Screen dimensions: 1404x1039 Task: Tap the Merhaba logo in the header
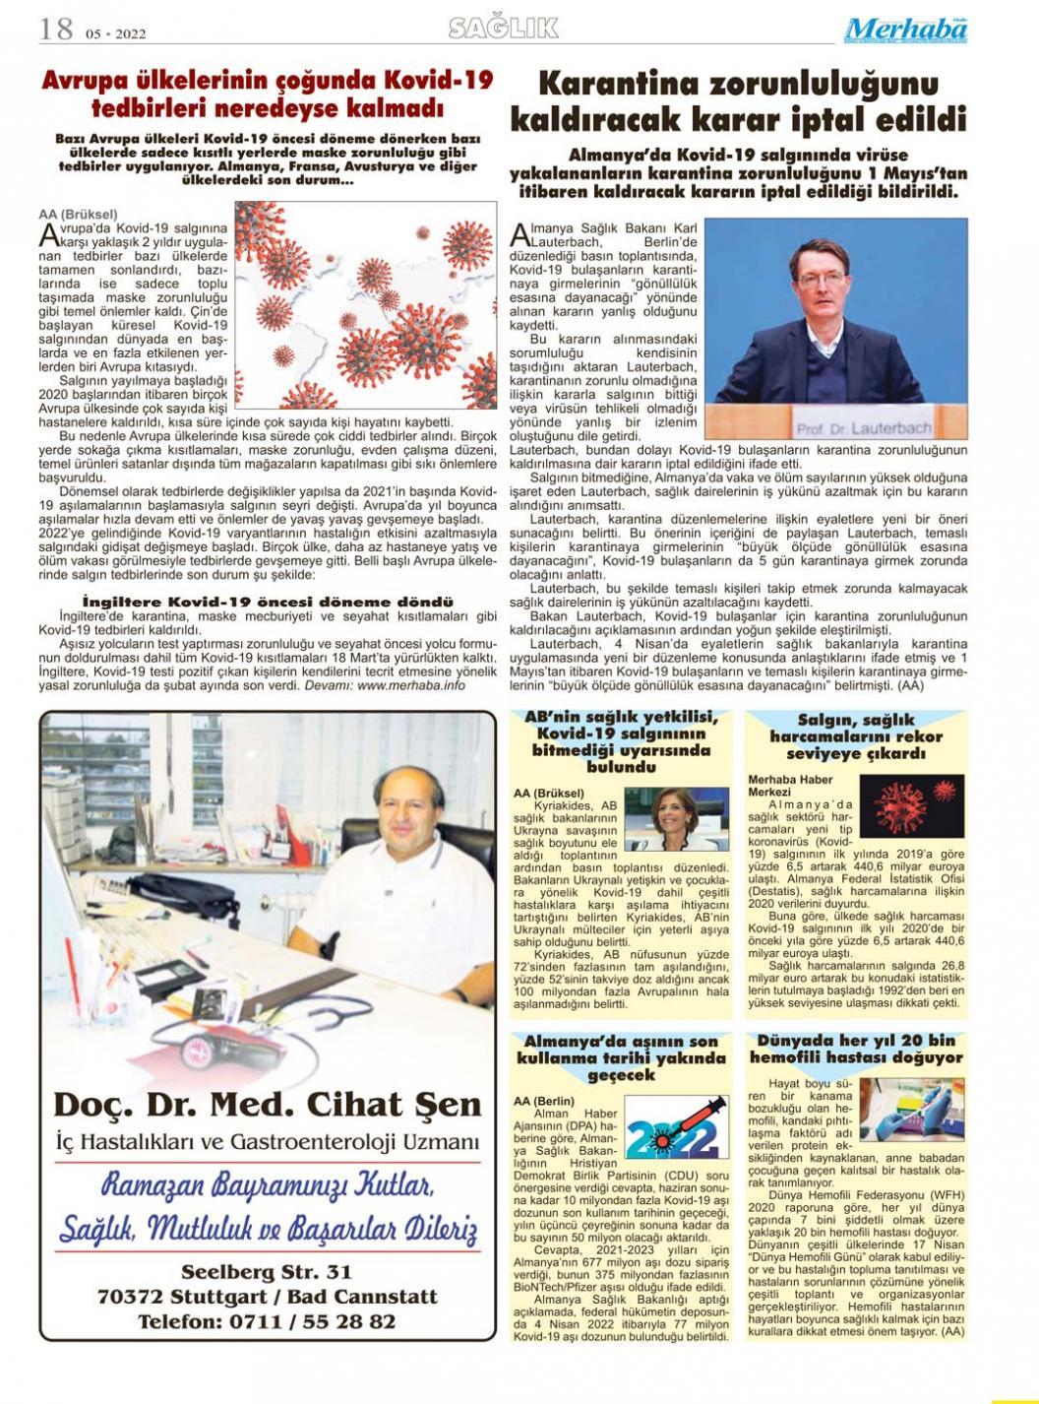point(905,30)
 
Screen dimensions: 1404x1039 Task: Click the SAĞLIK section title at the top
point(503,28)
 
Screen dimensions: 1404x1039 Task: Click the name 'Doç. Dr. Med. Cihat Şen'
point(267,1104)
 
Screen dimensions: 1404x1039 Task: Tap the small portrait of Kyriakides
point(687,821)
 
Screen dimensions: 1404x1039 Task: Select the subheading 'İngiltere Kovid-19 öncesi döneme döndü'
point(267,602)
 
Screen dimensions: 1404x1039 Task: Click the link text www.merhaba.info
point(411,685)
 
